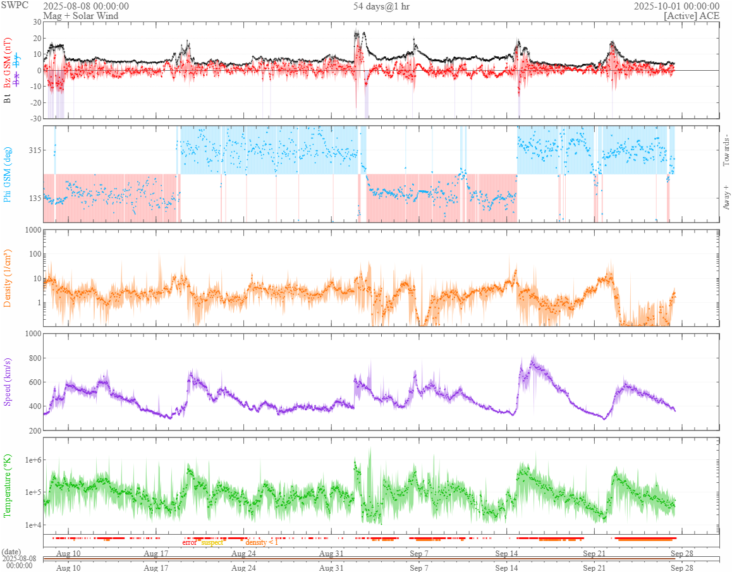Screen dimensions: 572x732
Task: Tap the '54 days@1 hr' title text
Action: tap(381, 6)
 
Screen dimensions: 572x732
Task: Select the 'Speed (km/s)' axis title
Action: tap(8, 379)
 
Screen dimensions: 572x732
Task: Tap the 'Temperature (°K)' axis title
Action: tap(8, 485)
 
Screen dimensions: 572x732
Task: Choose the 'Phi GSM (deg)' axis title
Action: tap(8, 173)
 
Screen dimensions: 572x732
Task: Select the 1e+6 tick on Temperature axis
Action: tap(30, 459)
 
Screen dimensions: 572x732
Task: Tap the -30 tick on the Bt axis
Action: tap(33, 118)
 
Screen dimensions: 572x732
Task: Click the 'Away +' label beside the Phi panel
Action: tap(726, 197)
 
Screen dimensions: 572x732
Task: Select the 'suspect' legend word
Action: tap(212, 542)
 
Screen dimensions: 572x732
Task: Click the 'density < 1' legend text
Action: tap(261, 542)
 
